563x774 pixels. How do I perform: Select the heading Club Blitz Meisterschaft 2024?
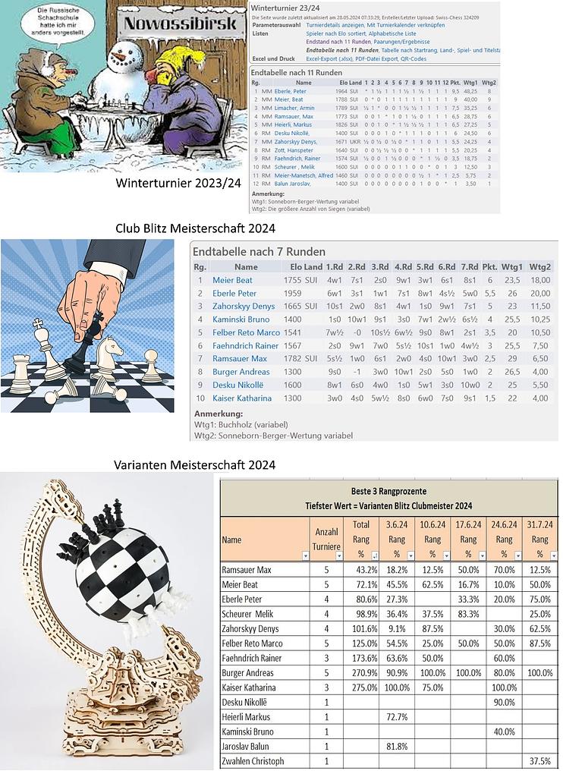pos(195,228)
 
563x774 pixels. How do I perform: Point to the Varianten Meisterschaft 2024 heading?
pos(194,464)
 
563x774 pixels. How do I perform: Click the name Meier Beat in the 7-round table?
pos(232,280)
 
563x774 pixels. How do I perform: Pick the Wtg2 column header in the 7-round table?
pos(540,267)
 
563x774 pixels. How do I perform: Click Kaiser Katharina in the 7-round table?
pos(242,398)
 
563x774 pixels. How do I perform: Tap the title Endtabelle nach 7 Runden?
pos(259,251)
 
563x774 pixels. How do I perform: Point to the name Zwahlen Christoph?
pos(253,761)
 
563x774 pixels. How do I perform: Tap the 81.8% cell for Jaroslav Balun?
pos(397,747)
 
